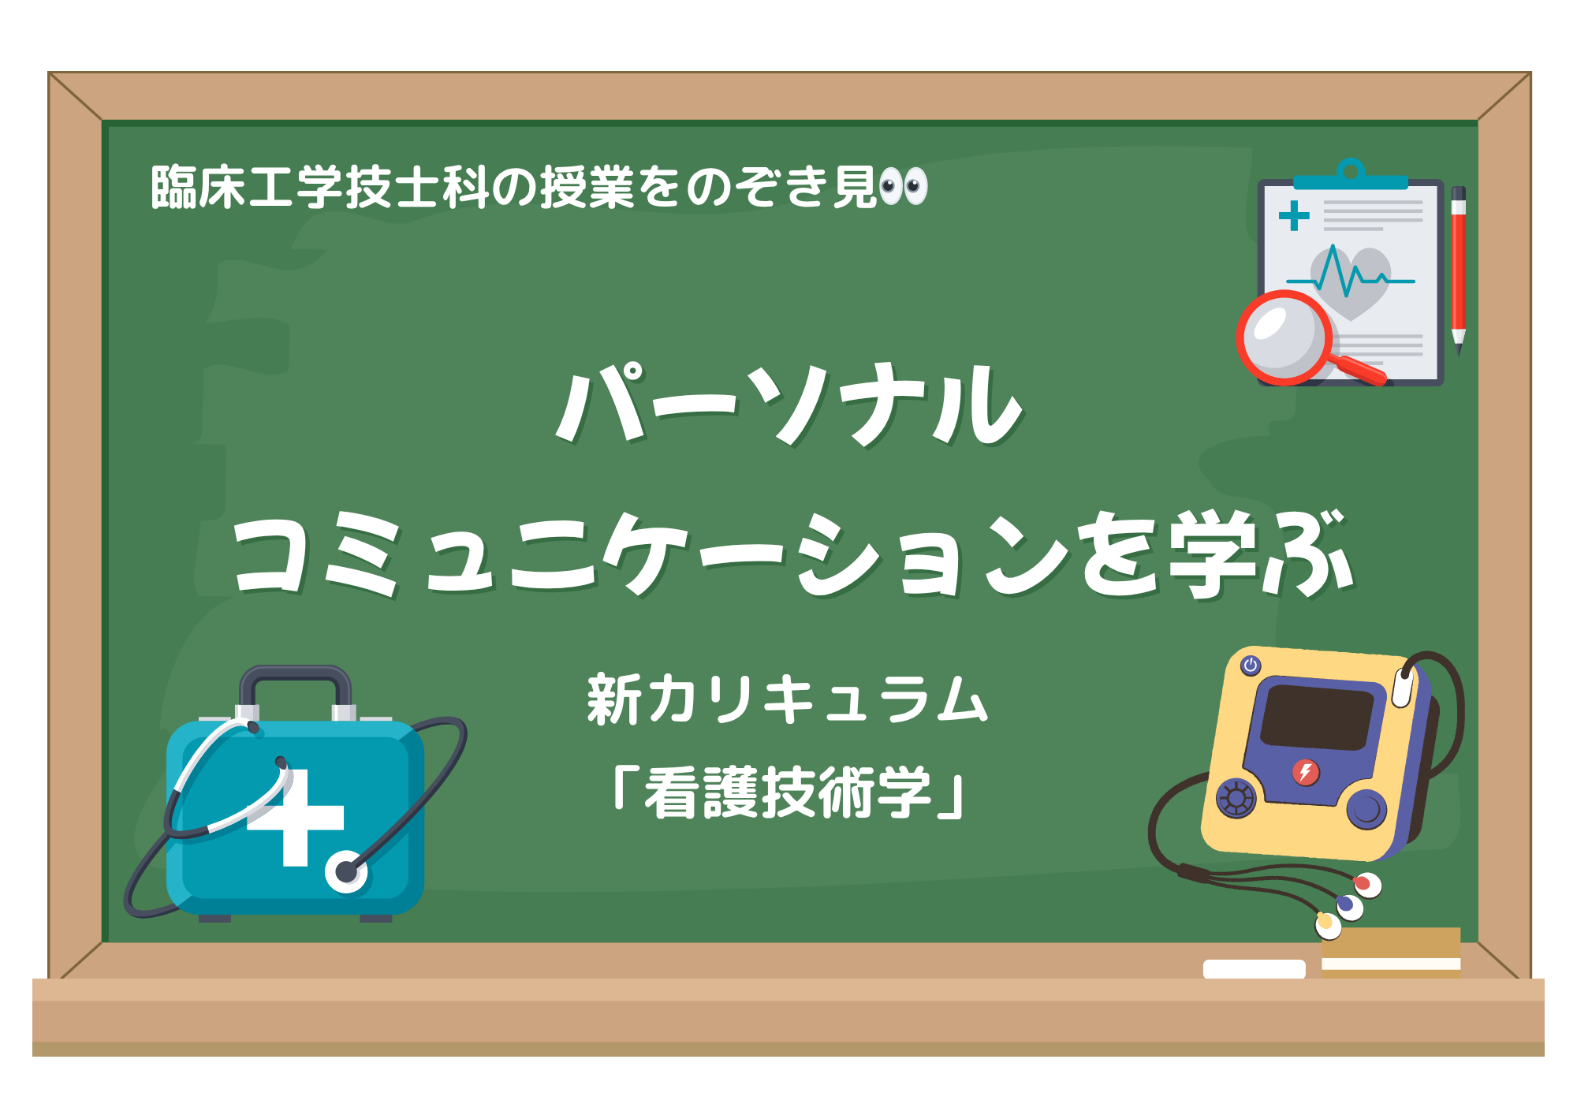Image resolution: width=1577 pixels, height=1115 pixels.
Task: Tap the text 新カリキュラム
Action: (x=788, y=699)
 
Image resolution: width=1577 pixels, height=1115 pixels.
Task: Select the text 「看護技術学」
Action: (x=788, y=792)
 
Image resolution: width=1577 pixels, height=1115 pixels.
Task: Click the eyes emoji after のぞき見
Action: (x=904, y=187)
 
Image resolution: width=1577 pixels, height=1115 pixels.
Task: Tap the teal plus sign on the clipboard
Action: (x=1294, y=216)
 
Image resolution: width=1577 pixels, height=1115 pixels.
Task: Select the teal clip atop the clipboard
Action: (x=1351, y=175)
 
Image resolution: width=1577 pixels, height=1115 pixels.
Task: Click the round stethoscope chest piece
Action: (x=346, y=871)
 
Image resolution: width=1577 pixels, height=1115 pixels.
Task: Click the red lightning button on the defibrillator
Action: (x=1305, y=772)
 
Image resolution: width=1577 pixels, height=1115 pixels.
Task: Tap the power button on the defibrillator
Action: (x=1251, y=666)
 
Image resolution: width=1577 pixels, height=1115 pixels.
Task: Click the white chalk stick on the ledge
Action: (x=1254, y=969)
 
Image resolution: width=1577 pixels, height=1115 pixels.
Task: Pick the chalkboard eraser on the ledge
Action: (x=1391, y=953)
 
